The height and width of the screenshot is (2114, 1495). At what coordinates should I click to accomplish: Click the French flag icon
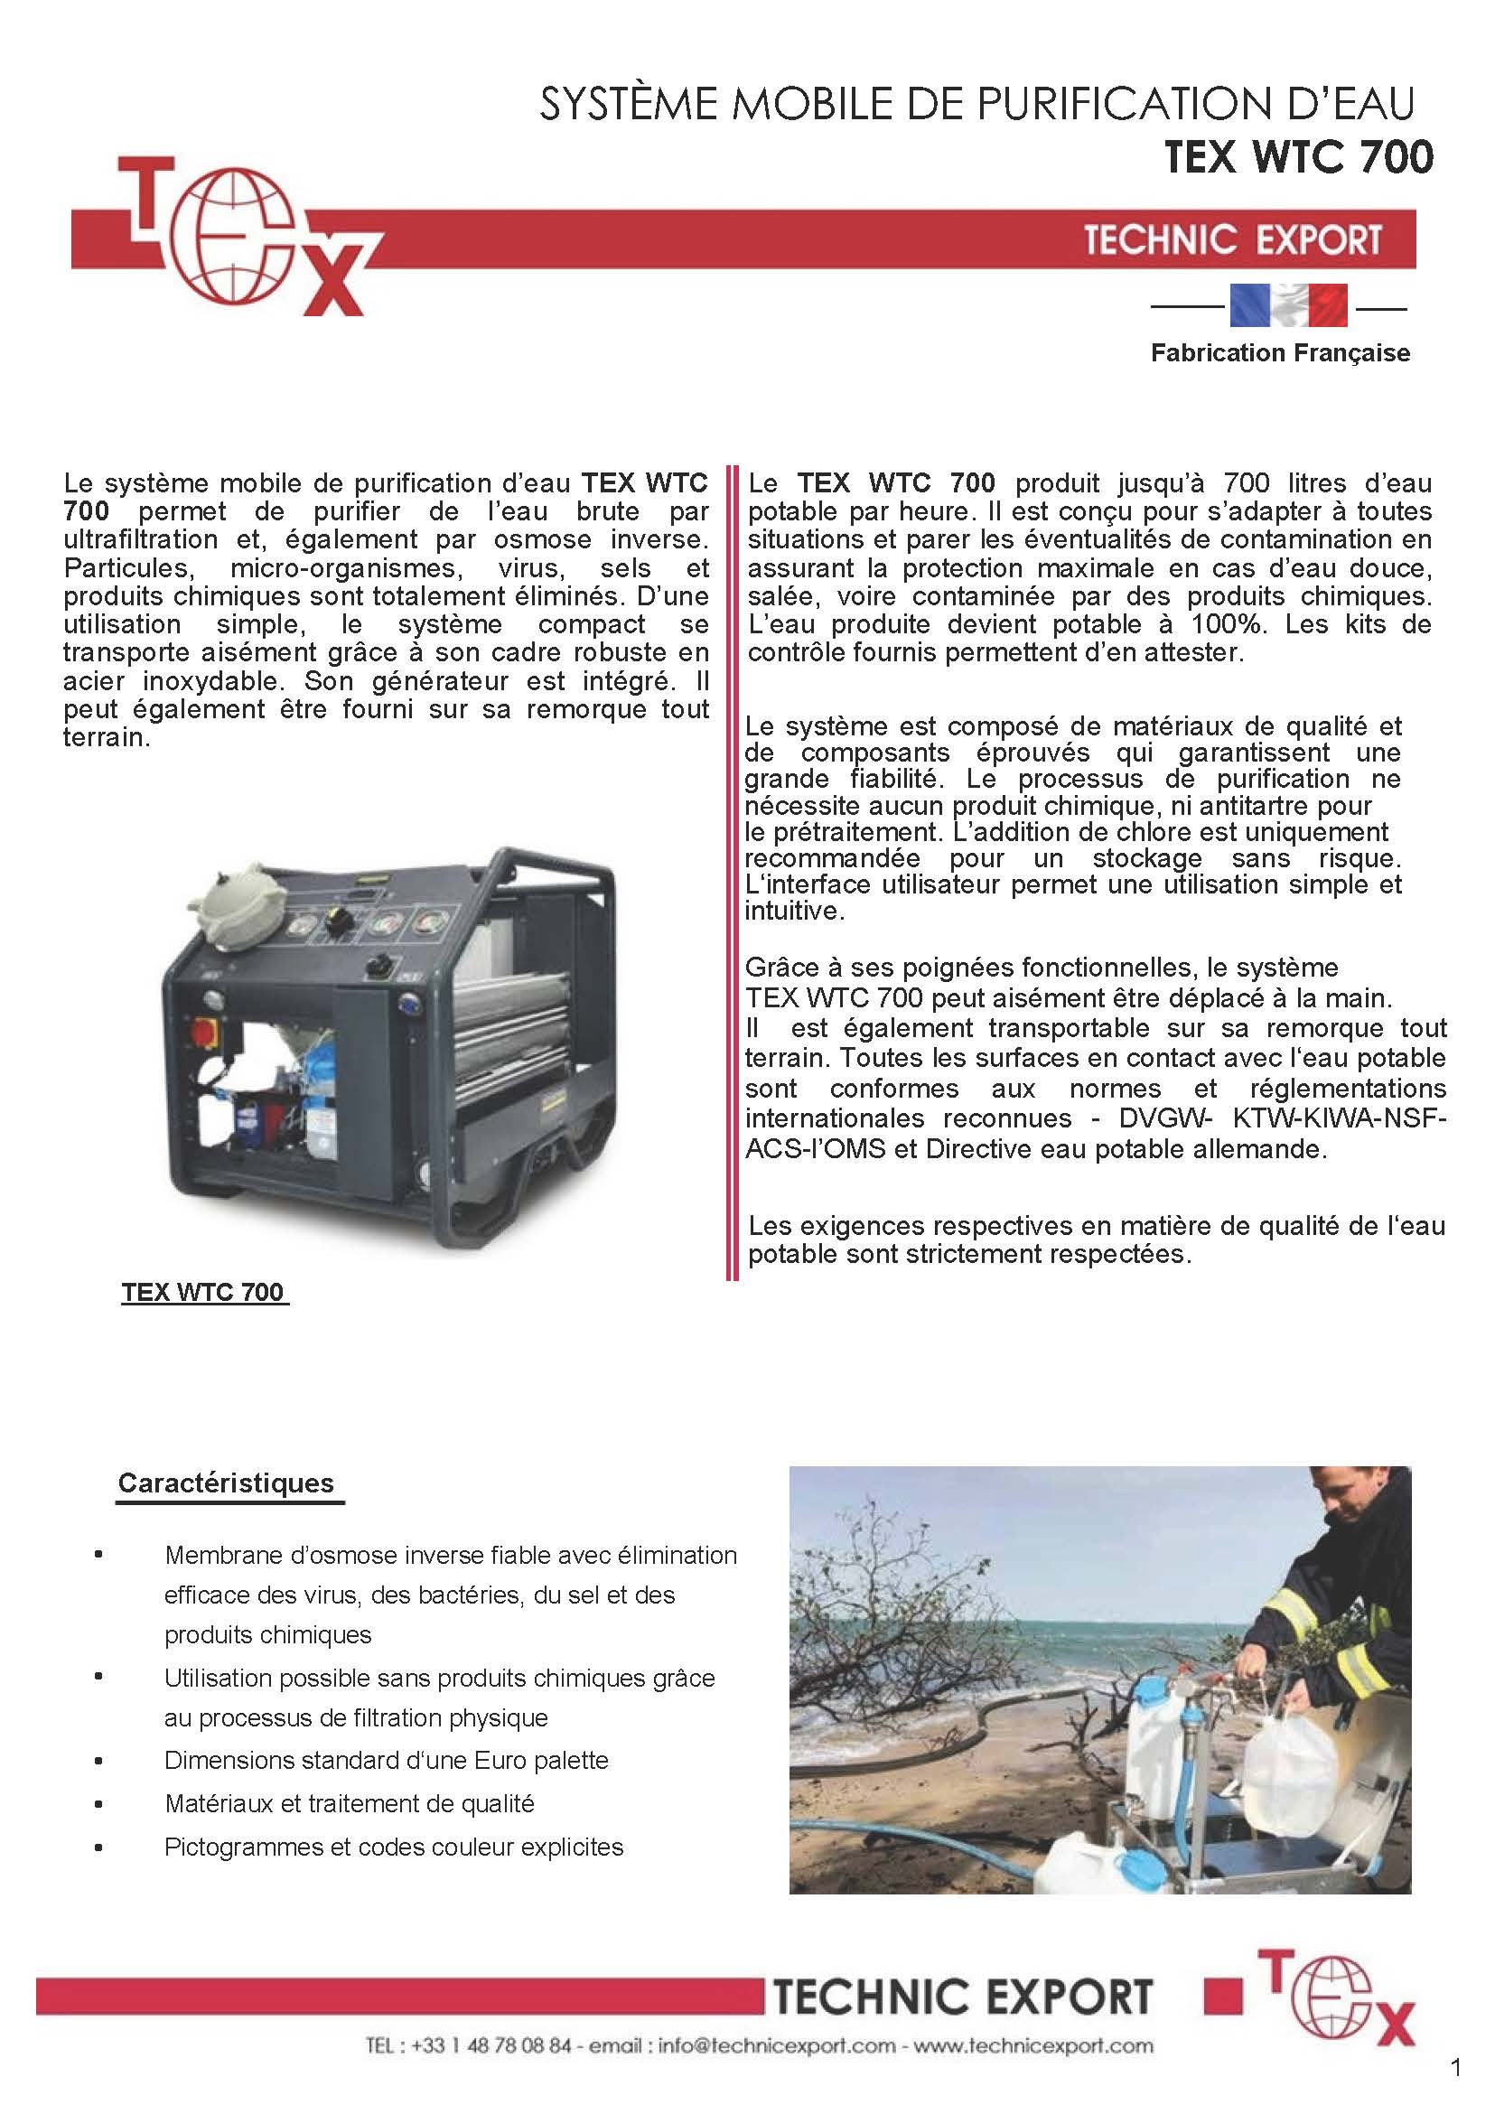point(1288,305)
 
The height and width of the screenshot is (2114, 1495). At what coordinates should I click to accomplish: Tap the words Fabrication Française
point(1280,352)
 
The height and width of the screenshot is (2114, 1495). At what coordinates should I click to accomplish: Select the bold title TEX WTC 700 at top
point(1298,156)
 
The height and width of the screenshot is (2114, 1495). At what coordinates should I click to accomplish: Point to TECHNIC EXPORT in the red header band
point(1232,239)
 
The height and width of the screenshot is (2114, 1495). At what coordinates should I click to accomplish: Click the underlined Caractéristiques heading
point(226,1483)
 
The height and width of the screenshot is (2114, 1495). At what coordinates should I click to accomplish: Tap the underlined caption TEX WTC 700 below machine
point(202,1292)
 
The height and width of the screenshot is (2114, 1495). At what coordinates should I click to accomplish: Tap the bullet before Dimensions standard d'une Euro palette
point(98,1761)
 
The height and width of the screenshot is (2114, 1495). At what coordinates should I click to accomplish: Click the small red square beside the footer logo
point(1222,1996)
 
